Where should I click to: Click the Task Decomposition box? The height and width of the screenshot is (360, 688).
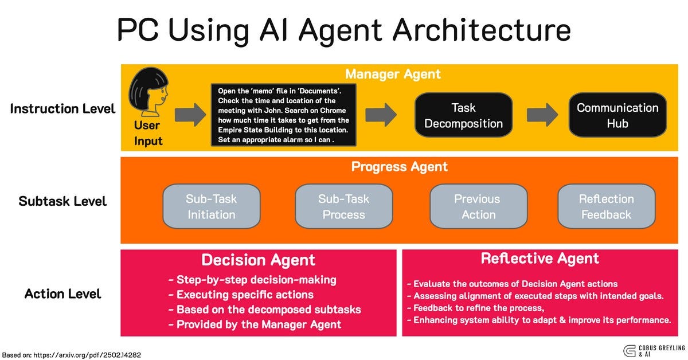(x=463, y=115)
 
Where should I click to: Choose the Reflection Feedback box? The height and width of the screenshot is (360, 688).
(x=605, y=206)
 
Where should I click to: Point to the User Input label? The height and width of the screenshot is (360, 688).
(x=148, y=133)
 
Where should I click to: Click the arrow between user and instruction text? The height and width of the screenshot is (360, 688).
(x=190, y=115)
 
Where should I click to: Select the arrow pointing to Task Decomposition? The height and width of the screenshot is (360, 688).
(x=381, y=115)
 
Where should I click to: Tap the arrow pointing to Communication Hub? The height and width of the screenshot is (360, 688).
(x=542, y=115)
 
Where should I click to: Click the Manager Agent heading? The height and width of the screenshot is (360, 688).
(x=393, y=74)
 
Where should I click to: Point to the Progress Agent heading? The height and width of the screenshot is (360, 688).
(x=399, y=167)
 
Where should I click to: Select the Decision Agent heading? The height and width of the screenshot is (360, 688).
(x=258, y=260)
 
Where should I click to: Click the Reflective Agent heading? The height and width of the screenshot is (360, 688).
(x=540, y=259)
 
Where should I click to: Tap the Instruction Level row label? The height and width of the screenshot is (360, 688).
(x=62, y=108)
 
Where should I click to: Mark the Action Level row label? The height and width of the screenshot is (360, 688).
(x=62, y=294)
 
